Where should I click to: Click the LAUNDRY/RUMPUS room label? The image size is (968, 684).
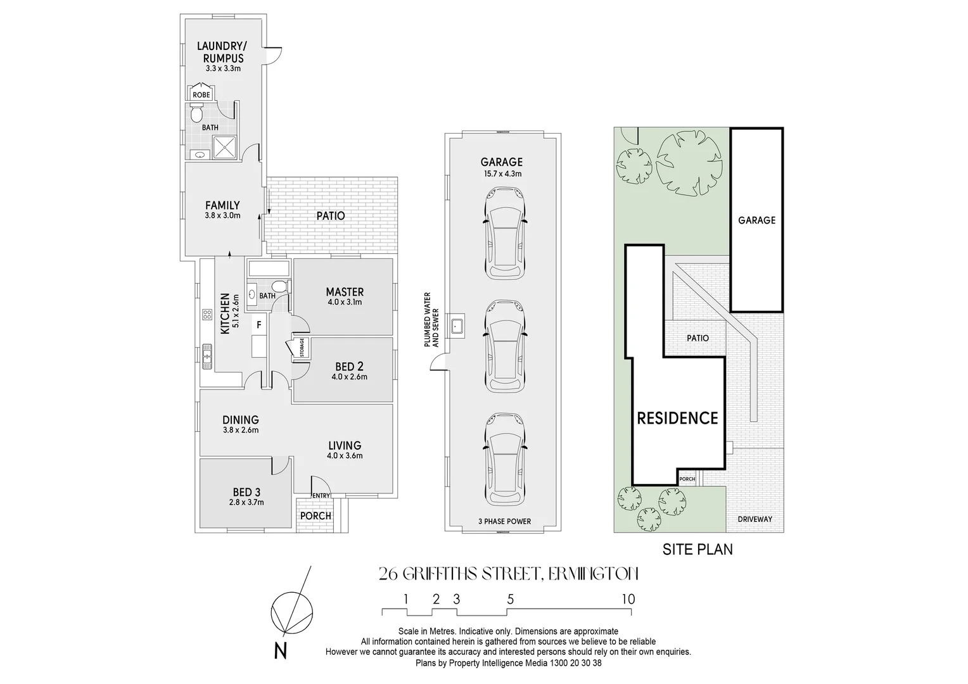click(220, 52)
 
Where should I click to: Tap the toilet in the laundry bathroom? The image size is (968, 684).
click(196, 114)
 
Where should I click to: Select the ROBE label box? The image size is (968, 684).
click(201, 94)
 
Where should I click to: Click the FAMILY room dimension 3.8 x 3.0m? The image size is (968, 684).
click(222, 215)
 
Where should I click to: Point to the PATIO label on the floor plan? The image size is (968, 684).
click(331, 216)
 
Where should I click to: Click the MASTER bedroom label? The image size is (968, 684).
click(345, 292)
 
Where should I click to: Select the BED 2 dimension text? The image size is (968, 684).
click(349, 377)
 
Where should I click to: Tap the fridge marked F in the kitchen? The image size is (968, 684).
click(258, 325)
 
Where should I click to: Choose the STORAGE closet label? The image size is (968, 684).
click(302, 348)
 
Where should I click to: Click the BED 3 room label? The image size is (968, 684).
click(246, 492)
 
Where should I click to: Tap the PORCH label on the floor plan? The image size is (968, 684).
click(315, 516)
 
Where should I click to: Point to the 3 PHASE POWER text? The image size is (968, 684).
click(505, 522)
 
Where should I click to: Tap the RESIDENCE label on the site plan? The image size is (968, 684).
click(677, 418)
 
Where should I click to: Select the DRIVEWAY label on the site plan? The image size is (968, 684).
click(755, 519)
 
